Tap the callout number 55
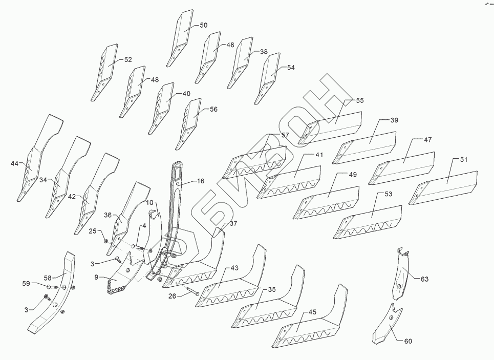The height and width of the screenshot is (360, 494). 360,101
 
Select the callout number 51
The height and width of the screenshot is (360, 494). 463,160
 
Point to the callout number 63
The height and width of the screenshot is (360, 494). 424,279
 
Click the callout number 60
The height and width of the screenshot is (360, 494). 408,341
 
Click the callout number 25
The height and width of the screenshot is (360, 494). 93,231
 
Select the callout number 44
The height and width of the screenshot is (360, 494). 15,163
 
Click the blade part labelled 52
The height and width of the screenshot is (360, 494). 105,72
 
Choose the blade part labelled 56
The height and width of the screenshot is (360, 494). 191,122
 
